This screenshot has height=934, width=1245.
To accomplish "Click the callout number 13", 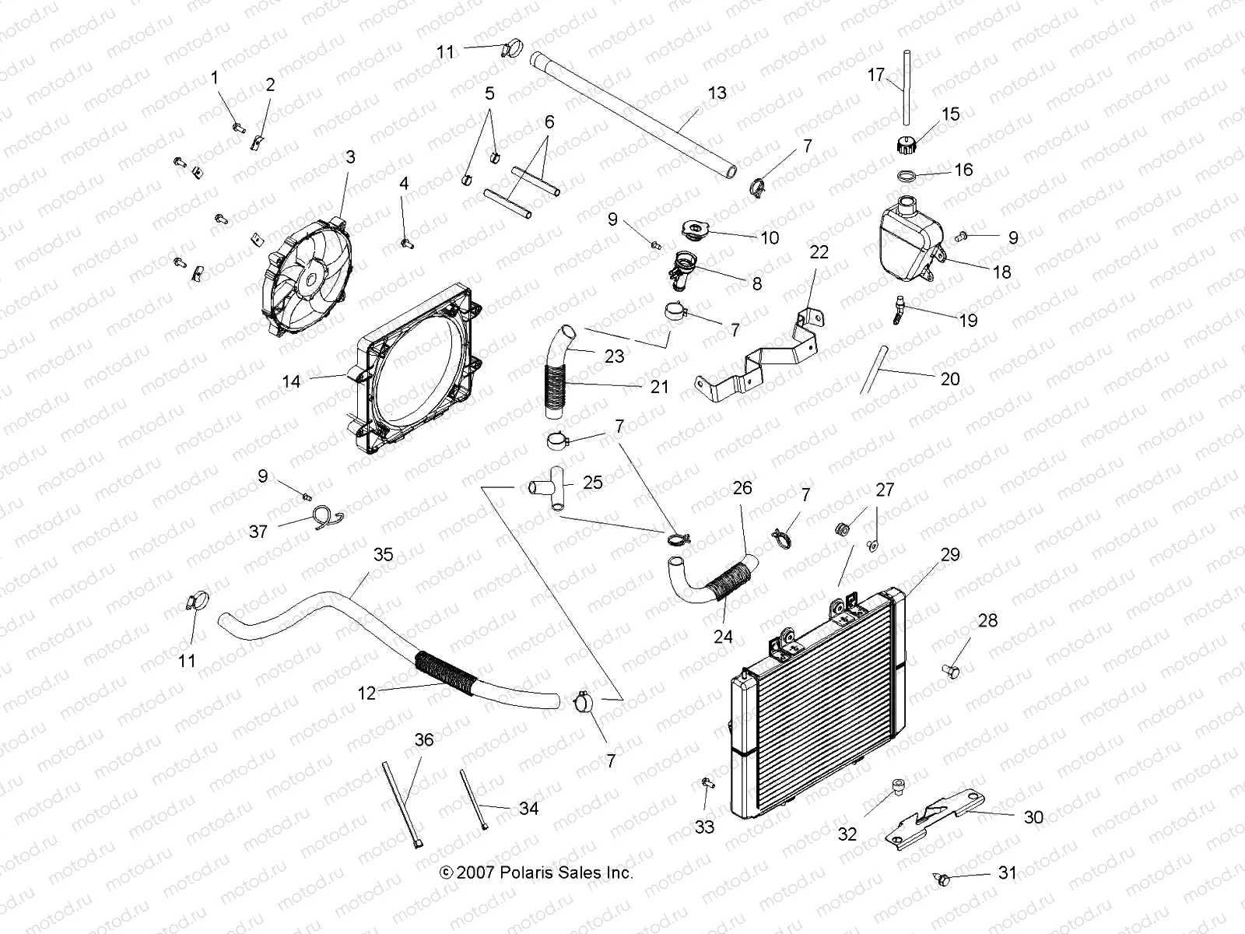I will (717, 93).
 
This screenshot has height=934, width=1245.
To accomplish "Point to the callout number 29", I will (950, 555).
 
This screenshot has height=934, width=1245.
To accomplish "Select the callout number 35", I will (384, 555).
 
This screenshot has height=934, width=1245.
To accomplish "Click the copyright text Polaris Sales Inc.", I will (537, 873).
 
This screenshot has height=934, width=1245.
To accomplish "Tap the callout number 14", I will (291, 381).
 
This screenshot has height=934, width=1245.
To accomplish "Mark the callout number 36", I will (424, 739).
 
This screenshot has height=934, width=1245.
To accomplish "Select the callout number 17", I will (876, 75).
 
